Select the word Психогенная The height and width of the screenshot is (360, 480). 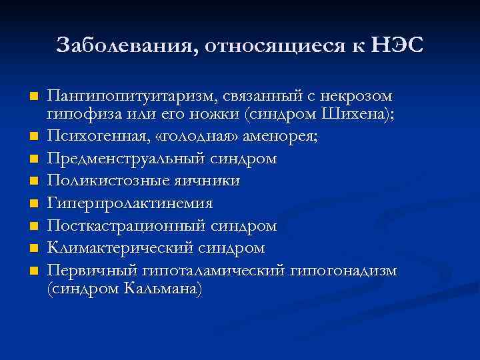tap(98, 138)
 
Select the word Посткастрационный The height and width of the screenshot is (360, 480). tap(120, 226)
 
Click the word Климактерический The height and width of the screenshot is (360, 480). tap(114, 248)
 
